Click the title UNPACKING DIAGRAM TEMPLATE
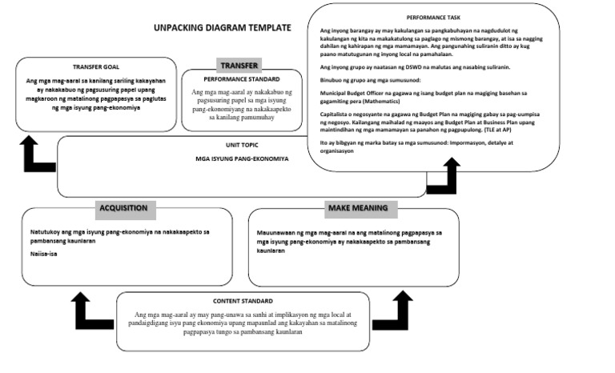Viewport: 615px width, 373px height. click(x=222, y=28)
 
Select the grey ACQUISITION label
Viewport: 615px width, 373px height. click(x=123, y=208)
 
